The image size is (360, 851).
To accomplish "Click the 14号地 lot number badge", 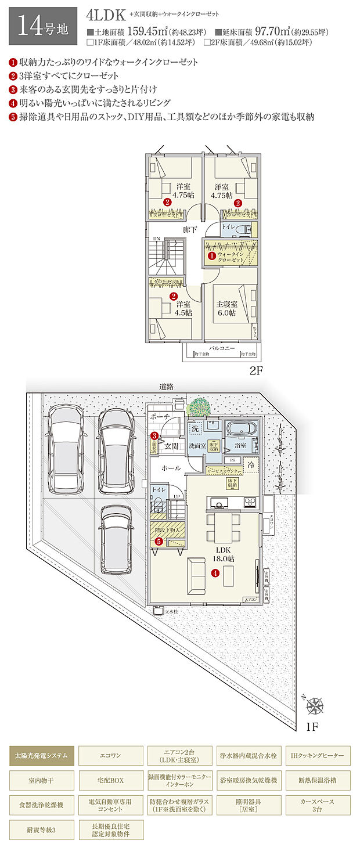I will coord(42,26).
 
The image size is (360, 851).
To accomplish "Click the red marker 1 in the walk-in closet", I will coord(212,255).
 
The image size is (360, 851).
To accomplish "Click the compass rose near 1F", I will coord(316,706).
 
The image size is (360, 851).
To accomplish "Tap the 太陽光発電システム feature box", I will coord(42,756).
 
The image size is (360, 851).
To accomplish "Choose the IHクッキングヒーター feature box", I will coord(318,756).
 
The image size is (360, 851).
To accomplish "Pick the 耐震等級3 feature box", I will coord(42,829).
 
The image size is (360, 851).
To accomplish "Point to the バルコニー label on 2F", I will coord(222,347).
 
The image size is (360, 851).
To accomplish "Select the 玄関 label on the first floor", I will coord(171,446).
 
